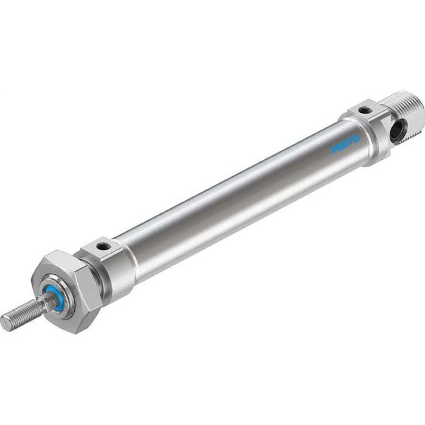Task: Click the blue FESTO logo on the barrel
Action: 346,145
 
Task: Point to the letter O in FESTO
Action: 356,139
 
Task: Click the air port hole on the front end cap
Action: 102,246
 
